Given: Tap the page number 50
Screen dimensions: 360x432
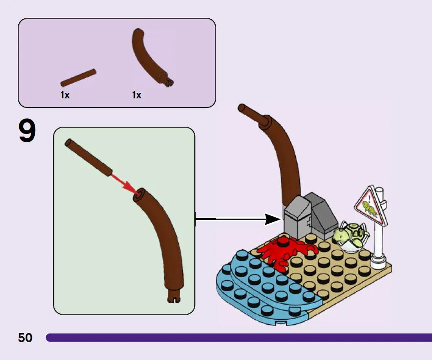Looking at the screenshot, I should click(25, 338).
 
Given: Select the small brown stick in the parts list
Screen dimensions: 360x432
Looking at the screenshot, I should click(78, 78).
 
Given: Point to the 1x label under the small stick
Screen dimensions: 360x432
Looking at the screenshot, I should click(65, 95).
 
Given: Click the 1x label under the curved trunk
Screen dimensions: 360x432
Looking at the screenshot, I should click(137, 95).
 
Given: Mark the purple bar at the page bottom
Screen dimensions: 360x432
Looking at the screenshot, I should click(238, 338).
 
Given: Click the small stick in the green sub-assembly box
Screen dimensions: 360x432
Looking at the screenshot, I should click(89, 156).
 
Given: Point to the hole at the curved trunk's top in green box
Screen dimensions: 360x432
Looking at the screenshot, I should click(138, 195).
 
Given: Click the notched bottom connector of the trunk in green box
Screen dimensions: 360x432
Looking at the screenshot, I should click(174, 297).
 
